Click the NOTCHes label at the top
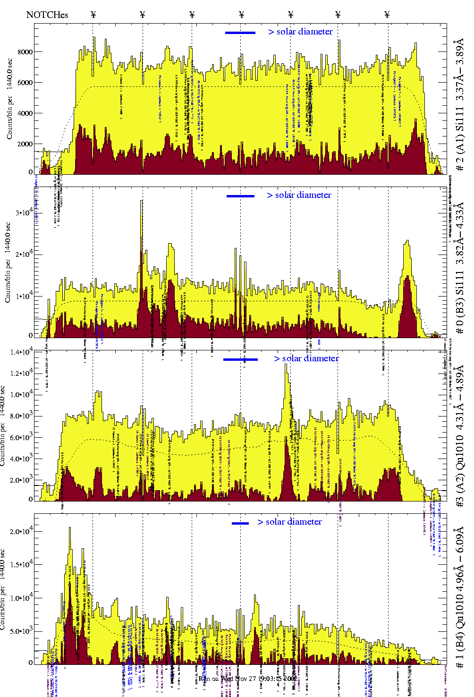[47, 15]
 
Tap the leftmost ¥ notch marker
[93, 15]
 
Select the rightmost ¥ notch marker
[387, 15]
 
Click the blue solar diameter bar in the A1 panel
[240, 33]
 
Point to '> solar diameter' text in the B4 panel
[289, 522]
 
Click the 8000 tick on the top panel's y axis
[25, 52]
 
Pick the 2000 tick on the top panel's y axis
[25, 144]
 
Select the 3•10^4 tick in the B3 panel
[24, 212]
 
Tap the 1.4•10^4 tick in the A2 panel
[22, 352]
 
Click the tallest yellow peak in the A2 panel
[286, 365]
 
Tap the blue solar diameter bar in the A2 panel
[240, 359]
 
